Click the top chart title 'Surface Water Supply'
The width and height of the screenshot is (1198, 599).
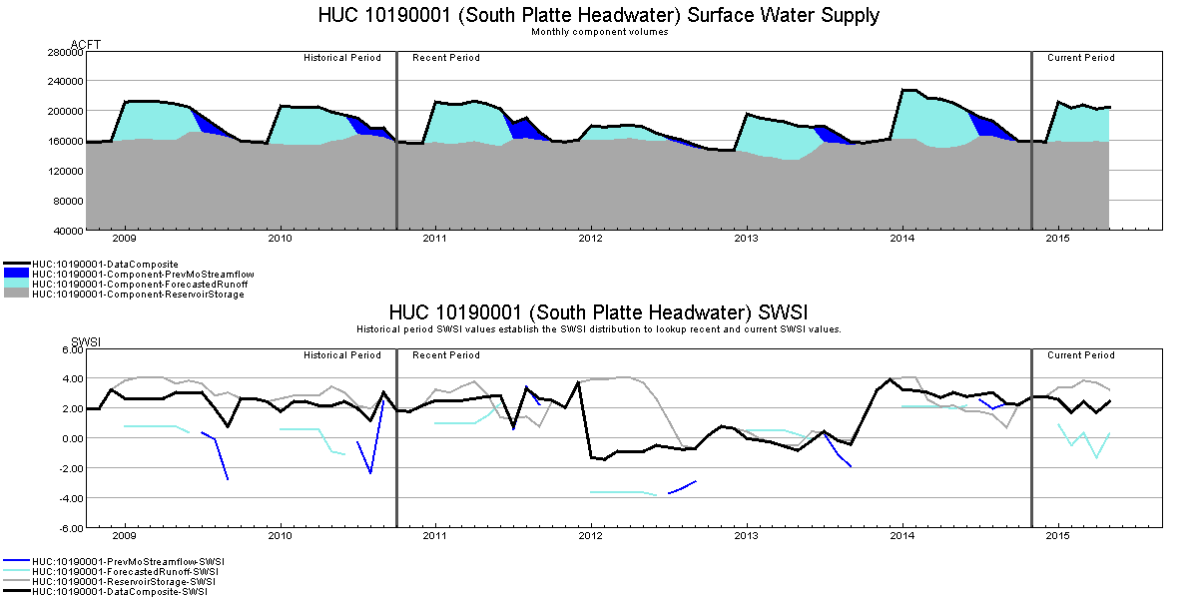(599, 15)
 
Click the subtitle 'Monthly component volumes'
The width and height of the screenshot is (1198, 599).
(599, 32)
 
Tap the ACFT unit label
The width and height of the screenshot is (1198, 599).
(86, 45)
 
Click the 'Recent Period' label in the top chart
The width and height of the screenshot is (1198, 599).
(446, 58)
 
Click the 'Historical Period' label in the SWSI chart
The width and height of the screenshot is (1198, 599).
(342, 355)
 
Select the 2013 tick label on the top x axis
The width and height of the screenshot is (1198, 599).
(747, 240)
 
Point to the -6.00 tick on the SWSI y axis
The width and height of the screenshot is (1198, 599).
(69, 527)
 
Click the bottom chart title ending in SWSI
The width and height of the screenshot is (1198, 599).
(599, 311)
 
